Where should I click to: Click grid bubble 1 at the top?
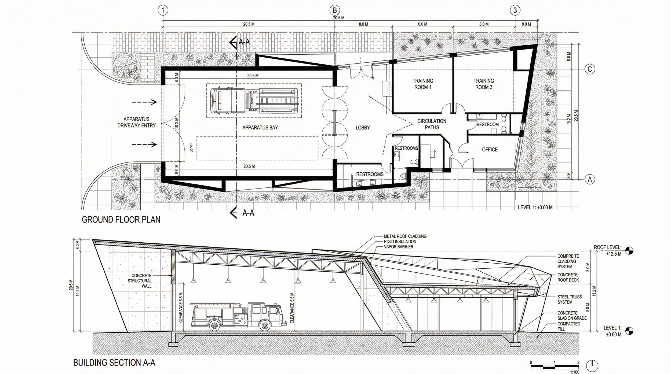(163, 10)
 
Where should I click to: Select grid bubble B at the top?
(335, 10)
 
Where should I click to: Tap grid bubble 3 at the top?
(515, 10)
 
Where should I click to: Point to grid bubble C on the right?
(590, 69)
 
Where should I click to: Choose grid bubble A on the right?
(590, 179)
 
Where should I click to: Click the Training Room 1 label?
(423, 84)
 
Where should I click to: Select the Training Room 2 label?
(484, 84)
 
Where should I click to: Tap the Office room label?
(490, 150)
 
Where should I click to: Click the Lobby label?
(363, 128)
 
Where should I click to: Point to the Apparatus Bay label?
(260, 128)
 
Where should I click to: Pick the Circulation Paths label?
(432, 124)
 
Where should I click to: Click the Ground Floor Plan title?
(121, 220)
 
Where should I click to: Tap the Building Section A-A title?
(114, 363)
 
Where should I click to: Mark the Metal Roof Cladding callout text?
(405, 236)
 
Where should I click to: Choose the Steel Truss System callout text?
(570, 299)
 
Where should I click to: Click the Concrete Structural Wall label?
(141, 281)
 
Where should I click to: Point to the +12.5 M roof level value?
(614, 254)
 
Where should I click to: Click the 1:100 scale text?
(574, 372)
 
